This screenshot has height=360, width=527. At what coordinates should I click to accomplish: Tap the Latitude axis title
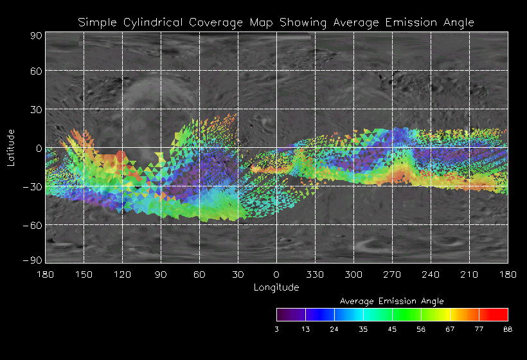[x=11, y=148]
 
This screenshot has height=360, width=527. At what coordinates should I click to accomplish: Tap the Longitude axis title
[x=276, y=287]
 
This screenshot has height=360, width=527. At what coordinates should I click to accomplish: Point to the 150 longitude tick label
[x=84, y=274]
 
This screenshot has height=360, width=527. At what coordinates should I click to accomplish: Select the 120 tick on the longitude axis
[x=122, y=274]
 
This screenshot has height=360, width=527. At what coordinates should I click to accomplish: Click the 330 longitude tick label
[x=315, y=274]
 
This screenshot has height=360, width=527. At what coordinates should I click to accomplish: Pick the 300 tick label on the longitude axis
[x=353, y=274]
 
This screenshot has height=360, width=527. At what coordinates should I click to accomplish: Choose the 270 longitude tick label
[x=392, y=274]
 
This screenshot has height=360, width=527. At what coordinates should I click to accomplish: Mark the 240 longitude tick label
[x=431, y=274]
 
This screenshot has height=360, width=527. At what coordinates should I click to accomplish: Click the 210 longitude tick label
[x=469, y=274]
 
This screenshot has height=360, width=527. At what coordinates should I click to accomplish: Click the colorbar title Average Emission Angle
[x=391, y=301]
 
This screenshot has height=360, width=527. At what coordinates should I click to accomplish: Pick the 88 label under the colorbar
[x=508, y=328]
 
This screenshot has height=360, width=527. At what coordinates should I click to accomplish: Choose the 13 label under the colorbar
[x=305, y=328]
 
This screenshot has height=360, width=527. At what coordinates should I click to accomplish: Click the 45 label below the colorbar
[x=392, y=328]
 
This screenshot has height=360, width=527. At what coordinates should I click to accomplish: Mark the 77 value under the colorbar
[x=479, y=328]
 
